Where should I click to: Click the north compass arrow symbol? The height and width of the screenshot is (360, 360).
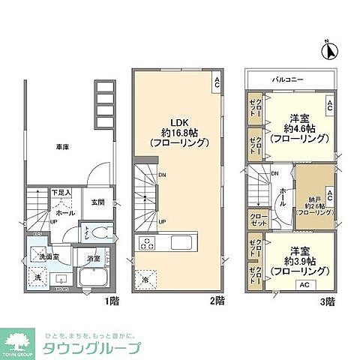[328, 51]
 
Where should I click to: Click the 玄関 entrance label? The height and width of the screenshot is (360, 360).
[99, 202]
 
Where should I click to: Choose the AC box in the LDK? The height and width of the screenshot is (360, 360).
[216, 81]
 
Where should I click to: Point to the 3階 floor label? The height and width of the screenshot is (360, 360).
[327, 301]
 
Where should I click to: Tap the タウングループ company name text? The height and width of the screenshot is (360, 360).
[92, 348]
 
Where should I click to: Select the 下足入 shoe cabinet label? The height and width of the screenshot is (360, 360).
[61, 193]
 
